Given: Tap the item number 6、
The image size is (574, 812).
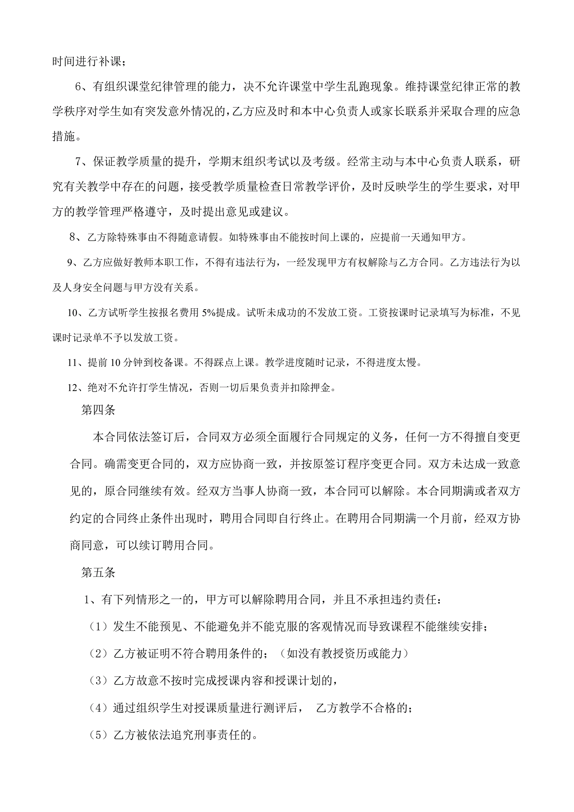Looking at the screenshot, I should point(83,87).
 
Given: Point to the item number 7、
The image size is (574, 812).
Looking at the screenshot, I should point(83,162).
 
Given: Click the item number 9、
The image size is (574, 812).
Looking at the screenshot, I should point(75,262).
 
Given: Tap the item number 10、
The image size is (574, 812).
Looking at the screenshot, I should point(77,313).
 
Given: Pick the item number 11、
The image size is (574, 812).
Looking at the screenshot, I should point(77,362).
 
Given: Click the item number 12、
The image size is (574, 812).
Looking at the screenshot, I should point(77,387).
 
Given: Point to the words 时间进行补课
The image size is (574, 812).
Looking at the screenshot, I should point(87,61).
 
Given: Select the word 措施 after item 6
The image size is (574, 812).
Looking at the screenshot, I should point(64,136).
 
